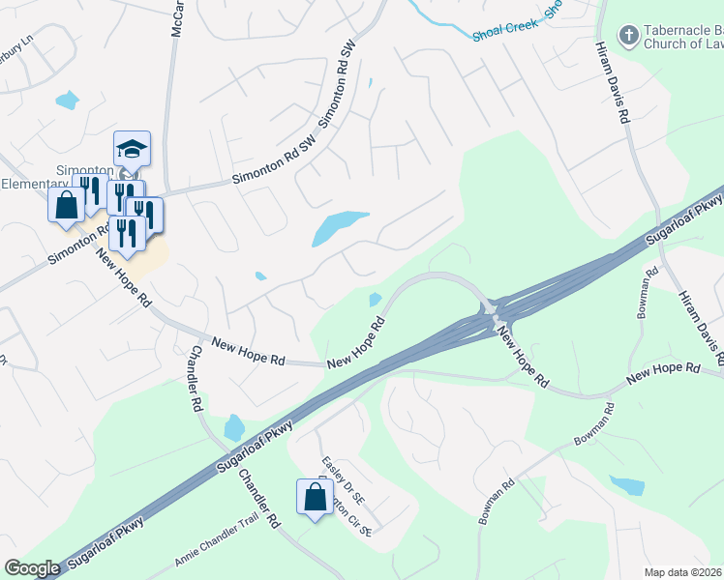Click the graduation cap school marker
(132, 149)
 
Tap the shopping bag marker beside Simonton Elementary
(66, 205)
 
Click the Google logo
(32, 568)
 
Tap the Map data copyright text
(683, 571)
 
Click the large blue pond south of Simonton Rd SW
(340, 228)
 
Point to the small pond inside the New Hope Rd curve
(376, 299)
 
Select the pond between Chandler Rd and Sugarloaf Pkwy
(233, 426)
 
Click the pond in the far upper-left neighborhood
(67, 99)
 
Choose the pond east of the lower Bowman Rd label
(626, 484)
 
